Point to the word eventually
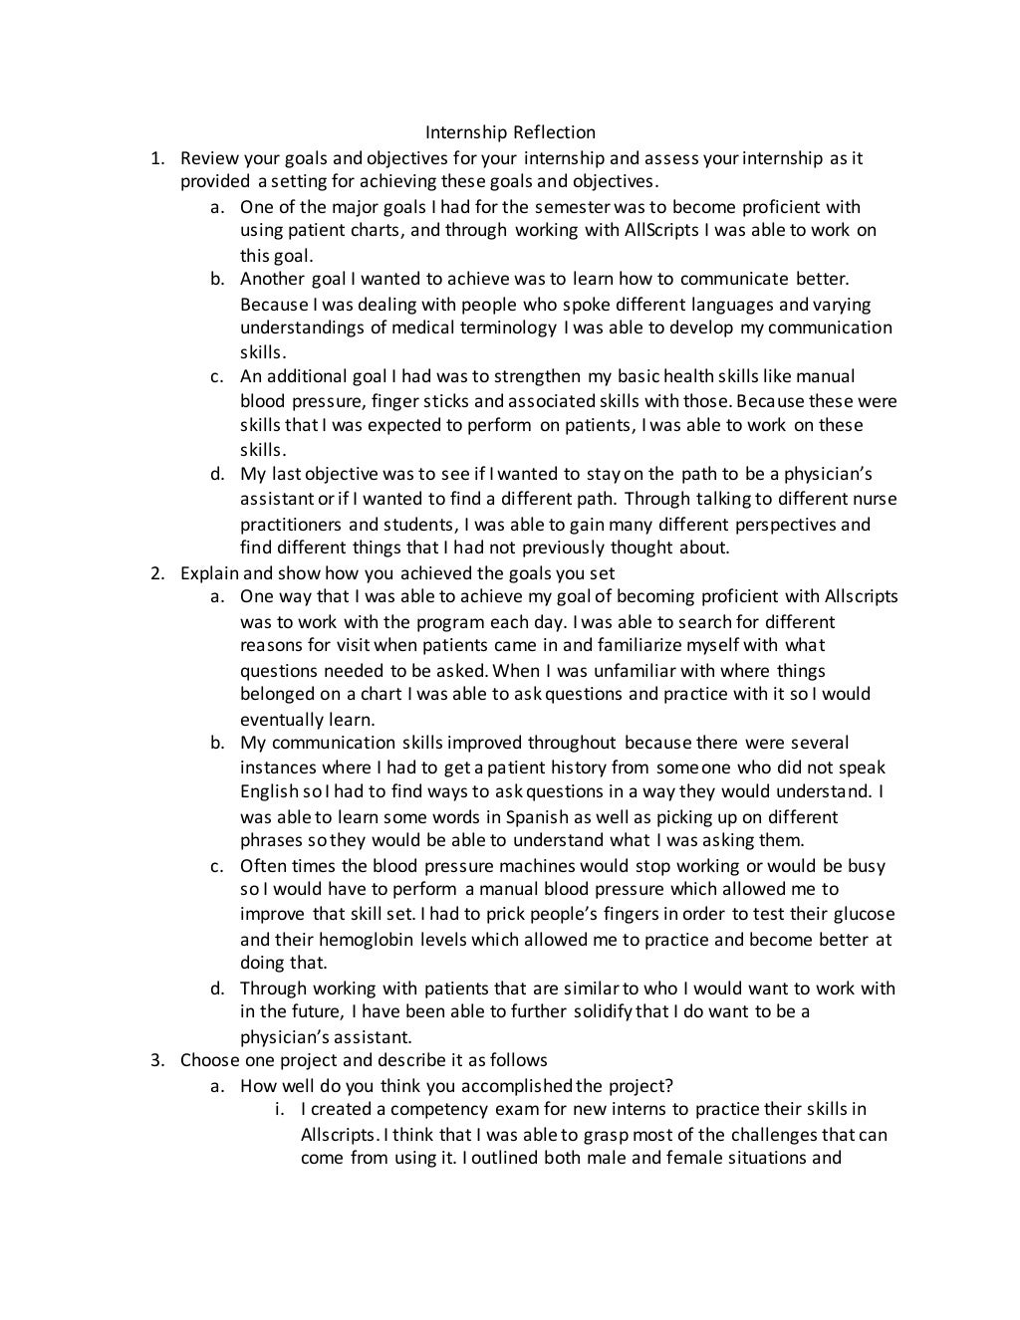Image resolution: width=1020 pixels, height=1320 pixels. pos(278,720)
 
